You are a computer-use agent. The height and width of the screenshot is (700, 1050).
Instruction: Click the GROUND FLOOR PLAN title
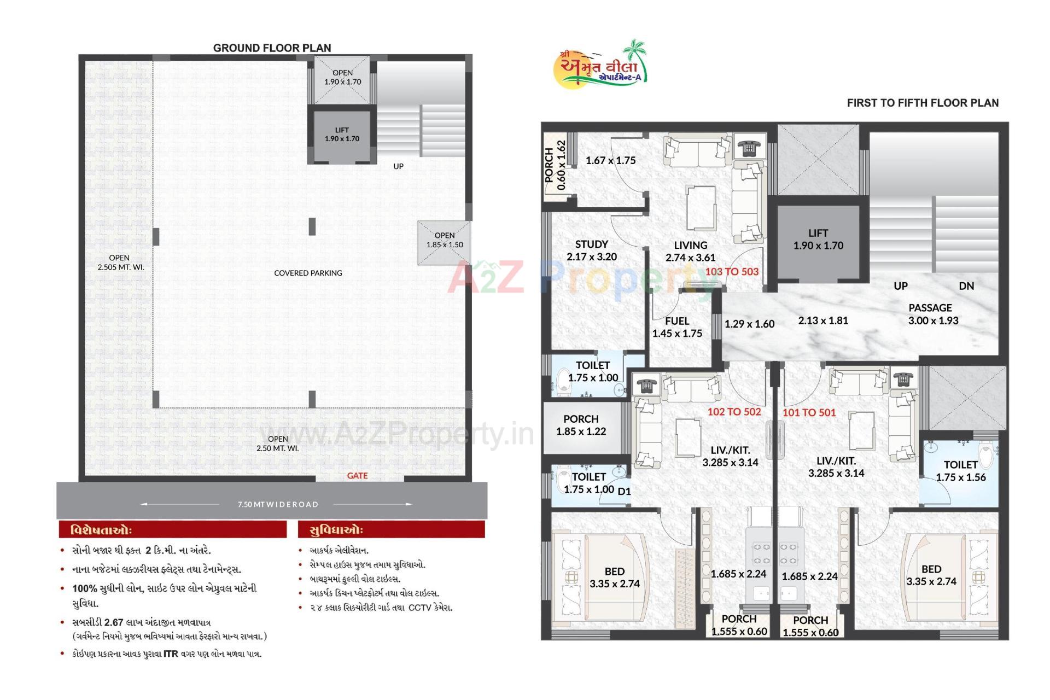pyautogui.click(x=272, y=48)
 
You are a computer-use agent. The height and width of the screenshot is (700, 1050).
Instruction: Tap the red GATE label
pyautogui.click(x=357, y=476)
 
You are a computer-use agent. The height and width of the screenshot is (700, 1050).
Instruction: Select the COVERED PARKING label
pyautogui.click(x=308, y=273)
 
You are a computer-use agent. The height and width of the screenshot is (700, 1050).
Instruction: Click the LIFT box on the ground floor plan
pyautogui.click(x=342, y=135)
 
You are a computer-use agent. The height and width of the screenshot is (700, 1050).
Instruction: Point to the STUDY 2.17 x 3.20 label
pyautogui.click(x=592, y=250)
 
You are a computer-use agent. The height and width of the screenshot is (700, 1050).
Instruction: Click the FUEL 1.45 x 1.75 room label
pyautogui.click(x=677, y=327)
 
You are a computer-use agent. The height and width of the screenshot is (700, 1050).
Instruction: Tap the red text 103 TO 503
pyautogui.click(x=732, y=272)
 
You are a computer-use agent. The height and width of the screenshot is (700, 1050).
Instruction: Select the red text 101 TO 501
pyautogui.click(x=809, y=413)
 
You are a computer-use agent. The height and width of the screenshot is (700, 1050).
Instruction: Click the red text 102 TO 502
pyautogui.click(x=734, y=412)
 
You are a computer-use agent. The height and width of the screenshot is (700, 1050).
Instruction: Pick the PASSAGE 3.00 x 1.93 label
pyautogui.click(x=933, y=314)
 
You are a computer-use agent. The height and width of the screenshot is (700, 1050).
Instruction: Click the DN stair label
pyautogui.click(x=966, y=286)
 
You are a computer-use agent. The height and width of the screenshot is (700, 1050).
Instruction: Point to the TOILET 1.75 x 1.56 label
pyautogui.click(x=960, y=471)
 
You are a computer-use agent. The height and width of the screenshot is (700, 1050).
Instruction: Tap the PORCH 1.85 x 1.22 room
pyautogui.click(x=581, y=425)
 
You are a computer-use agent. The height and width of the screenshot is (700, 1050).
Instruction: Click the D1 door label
pyautogui.click(x=624, y=492)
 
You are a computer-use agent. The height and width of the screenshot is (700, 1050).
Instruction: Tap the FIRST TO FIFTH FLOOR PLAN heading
pyautogui.click(x=923, y=103)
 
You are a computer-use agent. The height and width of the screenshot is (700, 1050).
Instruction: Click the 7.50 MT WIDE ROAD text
pyautogui.click(x=278, y=504)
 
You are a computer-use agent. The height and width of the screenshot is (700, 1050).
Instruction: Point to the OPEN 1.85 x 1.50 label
pyautogui.click(x=445, y=240)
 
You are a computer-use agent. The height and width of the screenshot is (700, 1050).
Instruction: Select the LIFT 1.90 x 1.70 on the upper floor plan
pyautogui.click(x=818, y=240)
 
